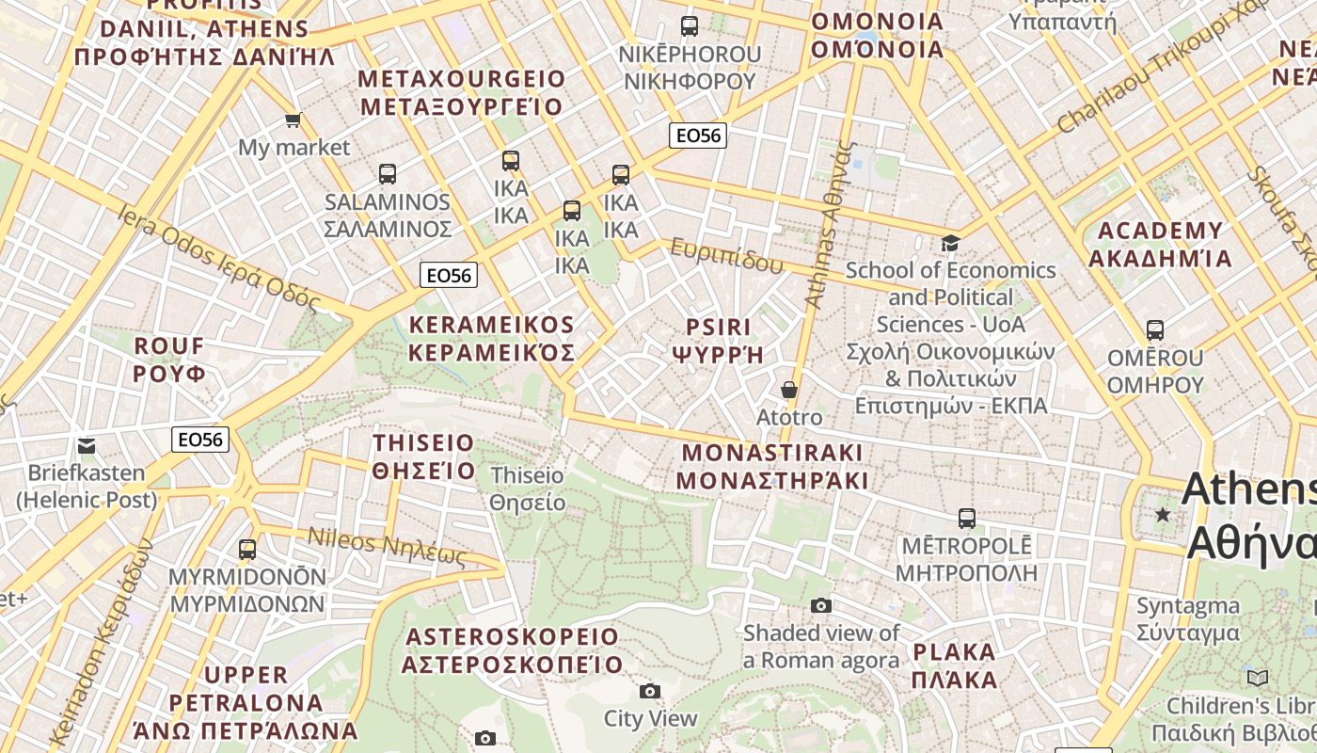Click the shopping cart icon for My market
pyautogui.click(x=293, y=120)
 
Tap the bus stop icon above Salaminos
pyautogui.click(x=387, y=174)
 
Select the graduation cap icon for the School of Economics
pyautogui.click(x=951, y=243)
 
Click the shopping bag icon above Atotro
pyautogui.click(x=789, y=390)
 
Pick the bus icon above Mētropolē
pyautogui.click(x=966, y=519)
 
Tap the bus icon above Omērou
pyautogui.click(x=1154, y=330)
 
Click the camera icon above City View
pyautogui.click(x=649, y=692)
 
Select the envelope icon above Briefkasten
pyautogui.click(x=87, y=446)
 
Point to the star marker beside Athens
pyautogui.click(x=1163, y=514)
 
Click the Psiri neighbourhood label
pyautogui.click(x=718, y=341)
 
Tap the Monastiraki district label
pyautogui.click(x=771, y=466)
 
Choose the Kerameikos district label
pyautogui.click(x=491, y=339)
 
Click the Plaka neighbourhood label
pyautogui.click(x=954, y=665)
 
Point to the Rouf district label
pyautogui.click(x=169, y=360)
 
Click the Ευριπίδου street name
pyautogui.click(x=726, y=256)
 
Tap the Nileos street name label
pyautogui.click(x=387, y=546)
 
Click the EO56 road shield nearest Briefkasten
pyautogui.click(x=200, y=440)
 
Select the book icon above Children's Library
pyautogui.click(x=1257, y=678)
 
